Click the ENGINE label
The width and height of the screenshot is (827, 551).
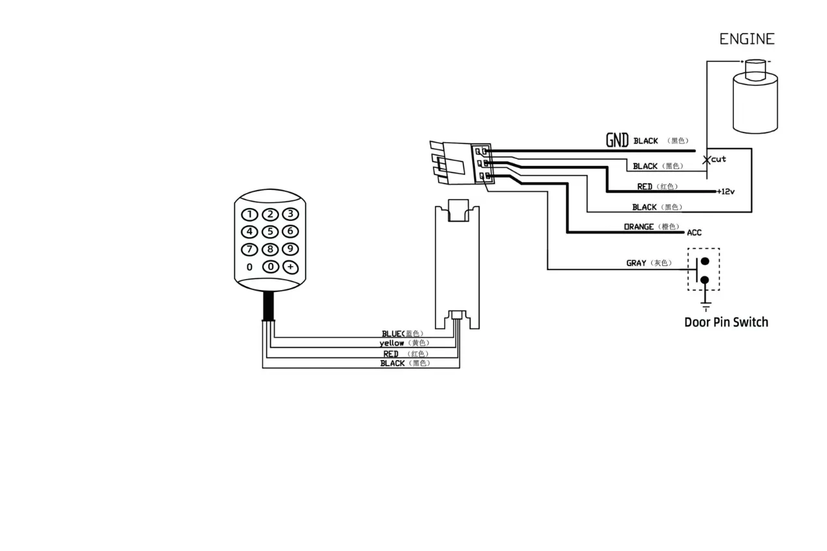[x=747, y=39]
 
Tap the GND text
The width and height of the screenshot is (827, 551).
[x=617, y=140]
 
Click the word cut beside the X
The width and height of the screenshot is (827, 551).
[x=718, y=159]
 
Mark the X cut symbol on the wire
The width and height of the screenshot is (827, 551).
[x=706, y=160]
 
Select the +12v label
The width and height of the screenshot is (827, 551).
[x=726, y=192]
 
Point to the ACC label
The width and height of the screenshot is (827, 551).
[x=694, y=233]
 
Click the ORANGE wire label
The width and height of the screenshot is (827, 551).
[x=639, y=227]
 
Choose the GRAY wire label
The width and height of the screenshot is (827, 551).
[x=636, y=263]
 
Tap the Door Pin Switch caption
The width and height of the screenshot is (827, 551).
[x=726, y=322]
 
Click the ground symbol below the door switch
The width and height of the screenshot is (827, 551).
[x=706, y=306]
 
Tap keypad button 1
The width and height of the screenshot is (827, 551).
[x=249, y=214]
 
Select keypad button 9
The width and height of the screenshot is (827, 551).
[x=290, y=249]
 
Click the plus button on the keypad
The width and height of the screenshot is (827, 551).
[x=291, y=267]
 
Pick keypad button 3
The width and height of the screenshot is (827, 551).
[x=291, y=214]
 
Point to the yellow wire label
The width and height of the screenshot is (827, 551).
[x=392, y=343]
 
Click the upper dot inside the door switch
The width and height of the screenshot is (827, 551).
[x=705, y=262]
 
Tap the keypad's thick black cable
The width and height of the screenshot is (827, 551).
[x=268, y=306]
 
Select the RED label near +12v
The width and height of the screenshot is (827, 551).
[x=645, y=187]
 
